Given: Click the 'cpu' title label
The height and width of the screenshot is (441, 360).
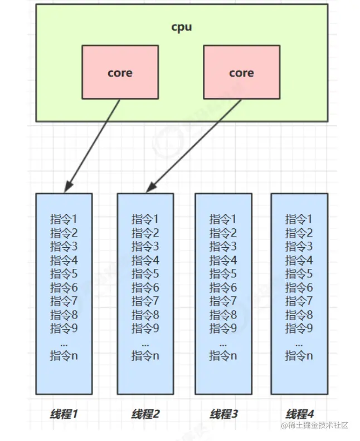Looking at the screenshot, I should tap(182, 27).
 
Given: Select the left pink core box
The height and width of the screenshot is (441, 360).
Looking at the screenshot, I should tap(120, 73).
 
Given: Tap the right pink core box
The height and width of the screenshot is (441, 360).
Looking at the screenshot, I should tap(241, 73).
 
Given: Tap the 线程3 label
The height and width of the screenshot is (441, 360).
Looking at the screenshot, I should tap(223, 414).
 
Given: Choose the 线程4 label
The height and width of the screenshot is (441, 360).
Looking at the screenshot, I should tap(299, 414).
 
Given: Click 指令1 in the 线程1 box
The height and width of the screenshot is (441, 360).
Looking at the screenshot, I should tap(64, 219).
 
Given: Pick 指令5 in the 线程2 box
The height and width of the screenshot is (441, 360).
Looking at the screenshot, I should tap(145, 274).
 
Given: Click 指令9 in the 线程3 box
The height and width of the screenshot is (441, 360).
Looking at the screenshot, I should tap(223, 328).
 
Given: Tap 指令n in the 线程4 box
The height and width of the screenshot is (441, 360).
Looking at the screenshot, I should tap(299, 355).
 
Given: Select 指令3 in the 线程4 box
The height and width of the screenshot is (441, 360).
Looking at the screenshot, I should tap(299, 247).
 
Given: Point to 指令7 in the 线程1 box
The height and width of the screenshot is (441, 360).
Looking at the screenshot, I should tap(64, 301).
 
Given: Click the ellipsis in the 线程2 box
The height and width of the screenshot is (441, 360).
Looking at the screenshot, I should tap(145, 342).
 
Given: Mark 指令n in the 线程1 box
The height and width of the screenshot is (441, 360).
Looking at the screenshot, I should tap(64, 355).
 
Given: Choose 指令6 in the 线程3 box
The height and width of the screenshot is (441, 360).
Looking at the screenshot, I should tap(223, 287).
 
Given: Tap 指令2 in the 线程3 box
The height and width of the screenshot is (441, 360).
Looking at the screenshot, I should tap(223, 233).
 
